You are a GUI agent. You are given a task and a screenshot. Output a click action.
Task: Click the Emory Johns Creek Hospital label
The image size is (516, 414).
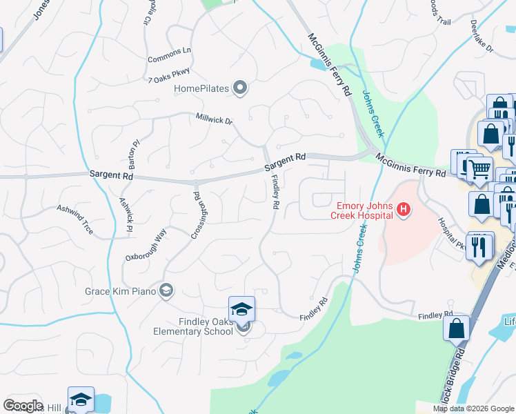pos(364,211)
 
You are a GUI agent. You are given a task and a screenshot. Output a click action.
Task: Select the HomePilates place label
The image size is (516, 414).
pos(201,88)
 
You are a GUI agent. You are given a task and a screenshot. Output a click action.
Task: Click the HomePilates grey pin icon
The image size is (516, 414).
pos(240,88)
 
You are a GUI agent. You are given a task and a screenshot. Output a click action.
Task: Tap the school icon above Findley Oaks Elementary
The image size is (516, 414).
pos(242,309)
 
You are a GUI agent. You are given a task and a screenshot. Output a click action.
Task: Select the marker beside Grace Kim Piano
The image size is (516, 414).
pos(166,290)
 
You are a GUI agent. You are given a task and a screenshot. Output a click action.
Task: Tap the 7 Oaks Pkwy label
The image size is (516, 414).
pos(168,74)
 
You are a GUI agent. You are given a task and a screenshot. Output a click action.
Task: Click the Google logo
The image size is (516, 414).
pos(23,406)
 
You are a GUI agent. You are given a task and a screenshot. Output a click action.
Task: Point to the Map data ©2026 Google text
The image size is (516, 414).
pos(473,408)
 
